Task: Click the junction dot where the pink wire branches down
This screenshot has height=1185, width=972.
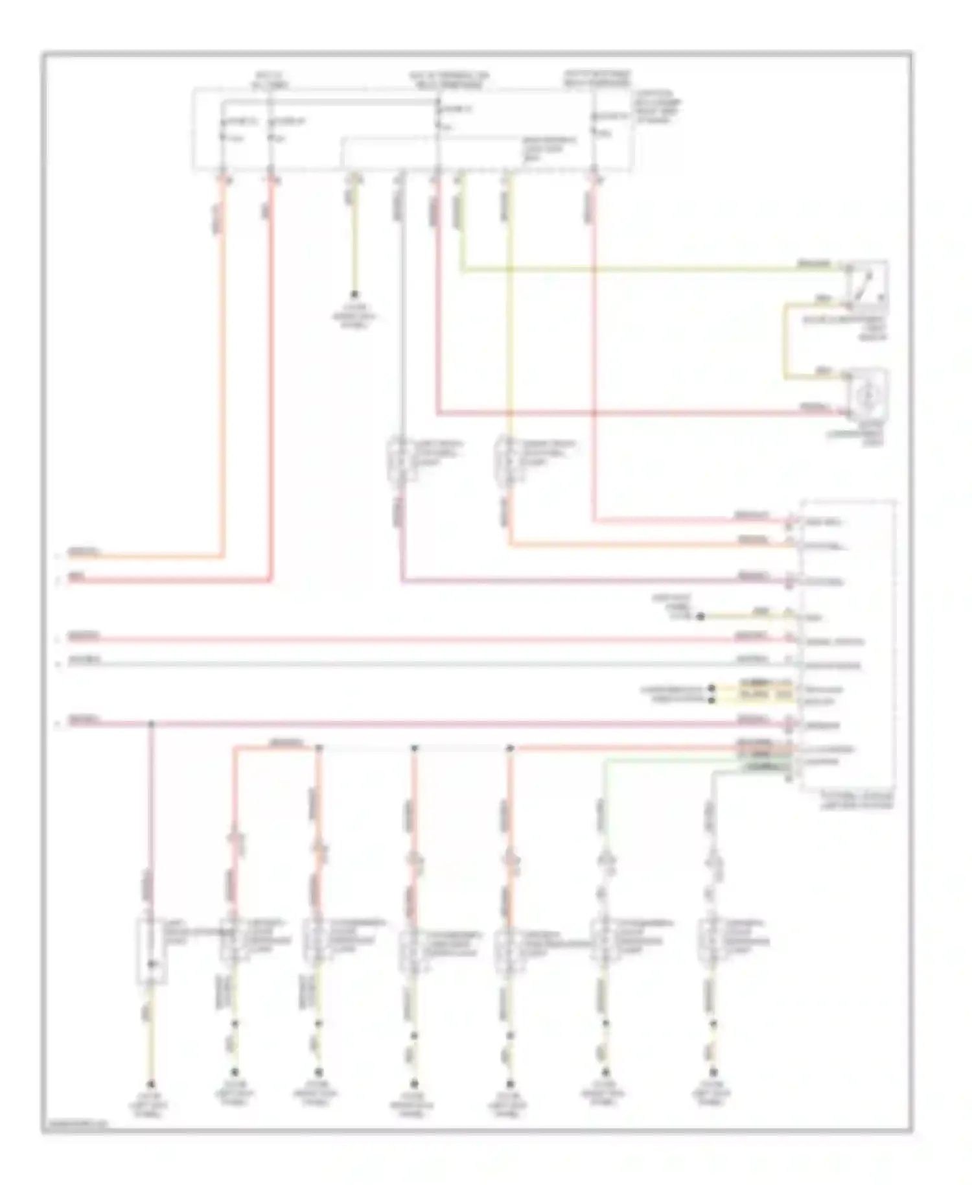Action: click(x=151, y=723)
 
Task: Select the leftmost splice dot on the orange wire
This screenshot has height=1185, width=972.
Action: click(x=319, y=748)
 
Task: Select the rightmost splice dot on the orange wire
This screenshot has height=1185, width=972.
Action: click(x=510, y=748)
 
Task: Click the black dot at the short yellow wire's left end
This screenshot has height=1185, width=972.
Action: click(x=700, y=616)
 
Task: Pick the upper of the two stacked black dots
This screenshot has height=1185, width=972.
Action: click(x=712, y=688)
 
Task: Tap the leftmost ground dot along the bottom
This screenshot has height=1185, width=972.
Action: click(x=151, y=1084)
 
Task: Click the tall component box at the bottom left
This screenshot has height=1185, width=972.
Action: click(x=151, y=951)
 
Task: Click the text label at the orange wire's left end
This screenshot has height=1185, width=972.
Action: click(x=84, y=553)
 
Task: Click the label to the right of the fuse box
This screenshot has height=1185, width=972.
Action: click(x=658, y=107)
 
